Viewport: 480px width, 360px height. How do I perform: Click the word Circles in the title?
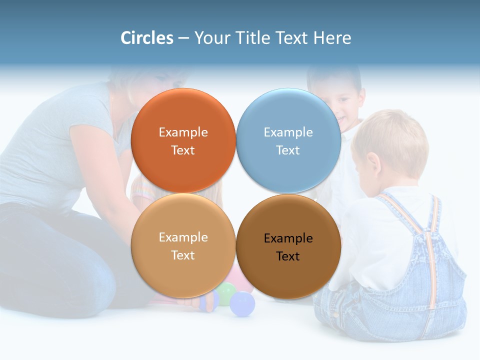[x=146, y=38]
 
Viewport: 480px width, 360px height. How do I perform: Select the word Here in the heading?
[x=332, y=38]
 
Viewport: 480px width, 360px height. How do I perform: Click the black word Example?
[x=288, y=238]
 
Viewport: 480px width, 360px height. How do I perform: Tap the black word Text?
[x=288, y=256]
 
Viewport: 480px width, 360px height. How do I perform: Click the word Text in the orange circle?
[x=183, y=150]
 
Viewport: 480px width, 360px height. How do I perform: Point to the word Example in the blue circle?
[x=288, y=132]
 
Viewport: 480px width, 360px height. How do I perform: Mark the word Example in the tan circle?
[x=183, y=237]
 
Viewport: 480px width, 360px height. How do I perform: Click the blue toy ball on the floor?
[x=242, y=304]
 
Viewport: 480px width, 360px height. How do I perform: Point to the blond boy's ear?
[x=372, y=162]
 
